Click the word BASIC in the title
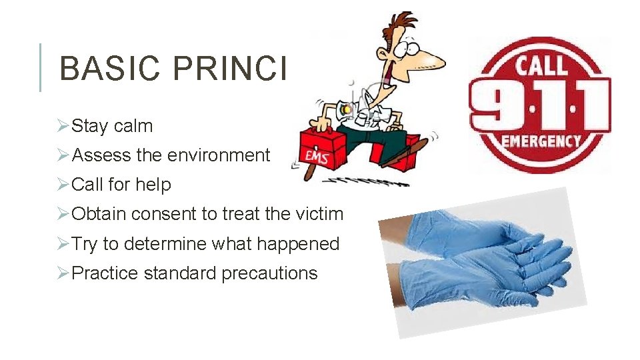pyautogui.click(x=107, y=69)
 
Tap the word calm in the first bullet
pyautogui.click(x=133, y=126)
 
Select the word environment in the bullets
pyautogui.click(x=219, y=155)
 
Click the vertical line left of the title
pyautogui.click(x=41, y=67)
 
